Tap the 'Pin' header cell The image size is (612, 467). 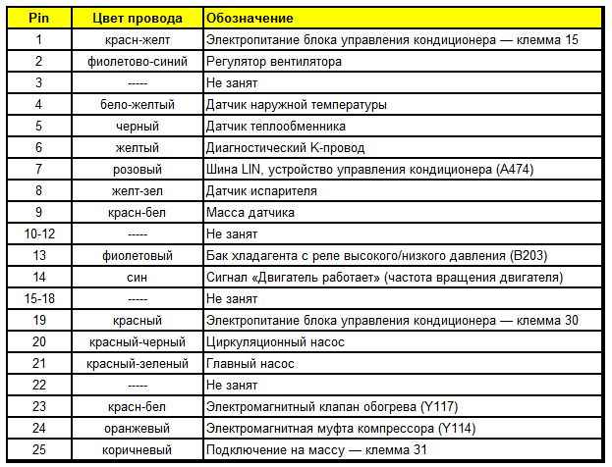38,19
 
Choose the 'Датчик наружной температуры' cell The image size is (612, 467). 296,105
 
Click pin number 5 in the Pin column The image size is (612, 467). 38,127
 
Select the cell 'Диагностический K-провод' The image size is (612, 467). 285,148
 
